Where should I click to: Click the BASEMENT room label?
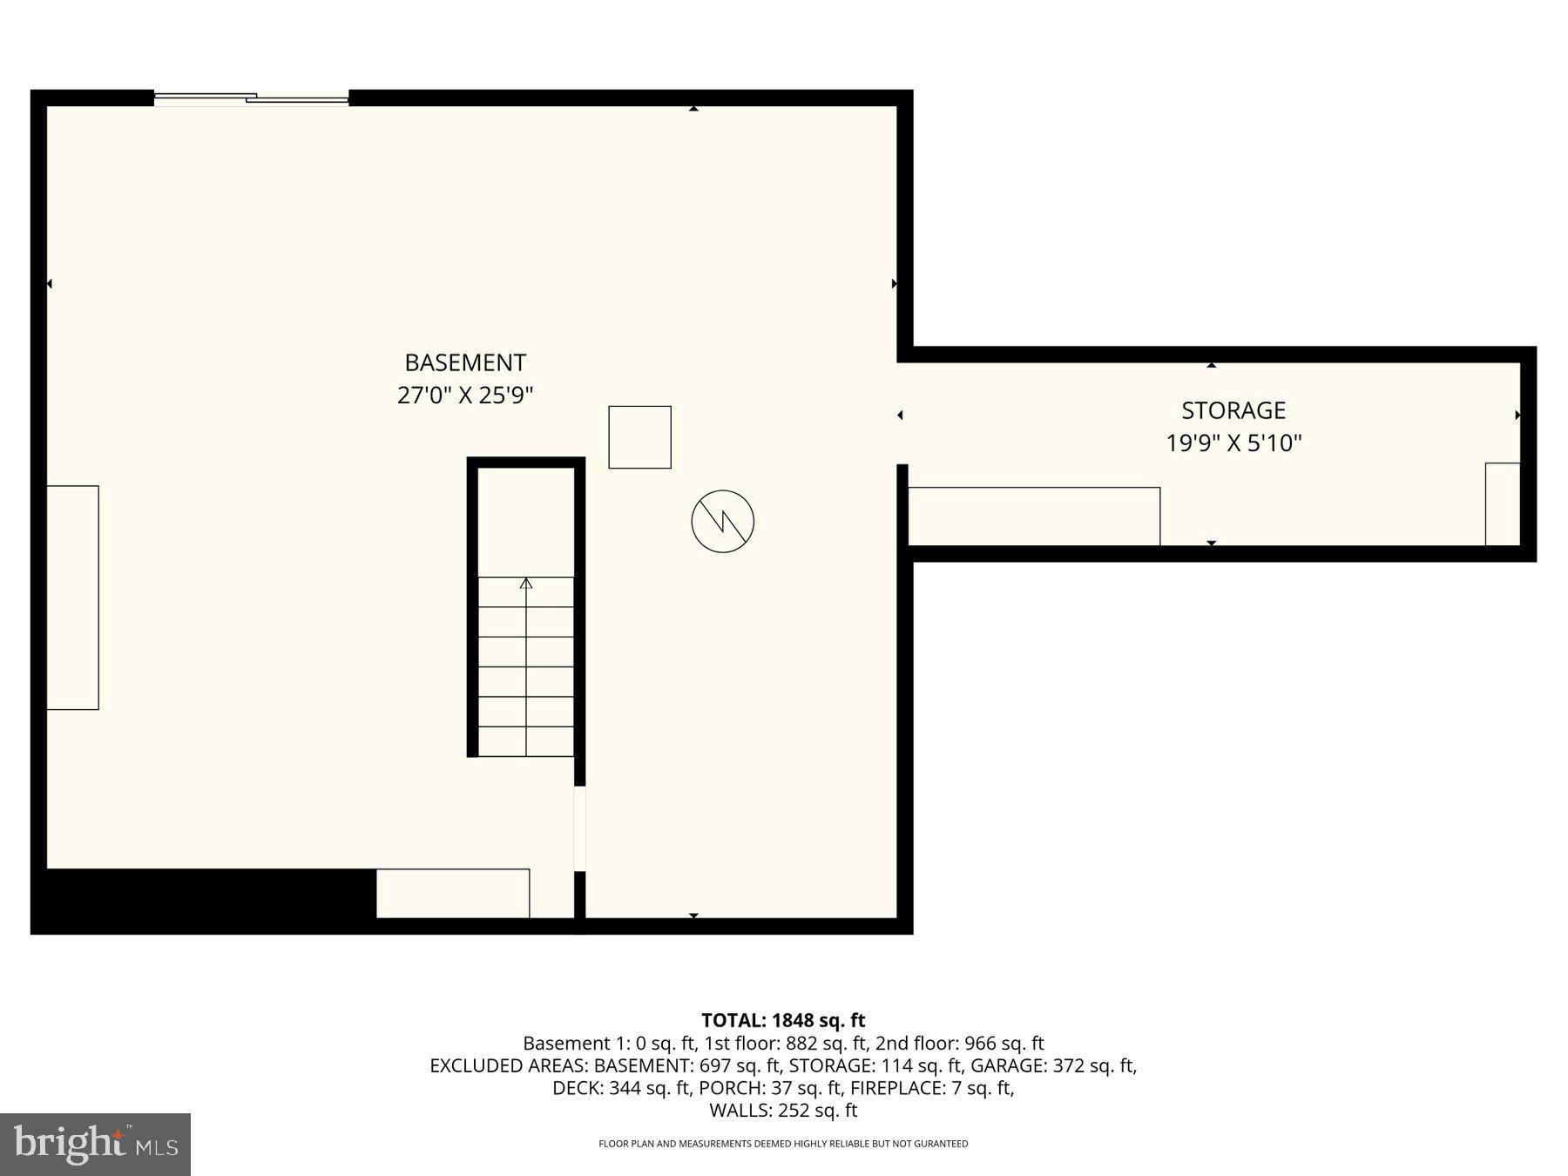pyautogui.click(x=465, y=362)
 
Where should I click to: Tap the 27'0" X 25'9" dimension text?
pyautogui.click(x=465, y=395)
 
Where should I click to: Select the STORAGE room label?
pyautogui.click(x=1233, y=410)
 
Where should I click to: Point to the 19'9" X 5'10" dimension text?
pyautogui.click(x=1233, y=443)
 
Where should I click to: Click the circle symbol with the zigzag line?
pyautogui.click(x=722, y=522)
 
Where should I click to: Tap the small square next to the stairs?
pyautogui.click(x=639, y=437)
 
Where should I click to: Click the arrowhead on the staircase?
pyautogui.click(x=525, y=584)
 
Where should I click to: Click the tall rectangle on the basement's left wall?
pyautogui.click(x=72, y=598)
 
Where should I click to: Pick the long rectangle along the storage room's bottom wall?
pyautogui.click(x=1033, y=517)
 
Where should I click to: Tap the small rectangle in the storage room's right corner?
pyautogui.click(x=1502, y=504)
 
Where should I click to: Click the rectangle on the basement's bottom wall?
pyautogui.click(x=453, y=893)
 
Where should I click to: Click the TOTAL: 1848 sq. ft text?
pyautogui.click(x=783, y=1020)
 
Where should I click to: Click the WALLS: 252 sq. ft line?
pyautogui.click(x=783, y=1111)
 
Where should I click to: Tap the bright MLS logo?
pyautogui.click(x=95, y=1145)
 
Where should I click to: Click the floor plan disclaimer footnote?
pyautogui.click(x=783, y=1144)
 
